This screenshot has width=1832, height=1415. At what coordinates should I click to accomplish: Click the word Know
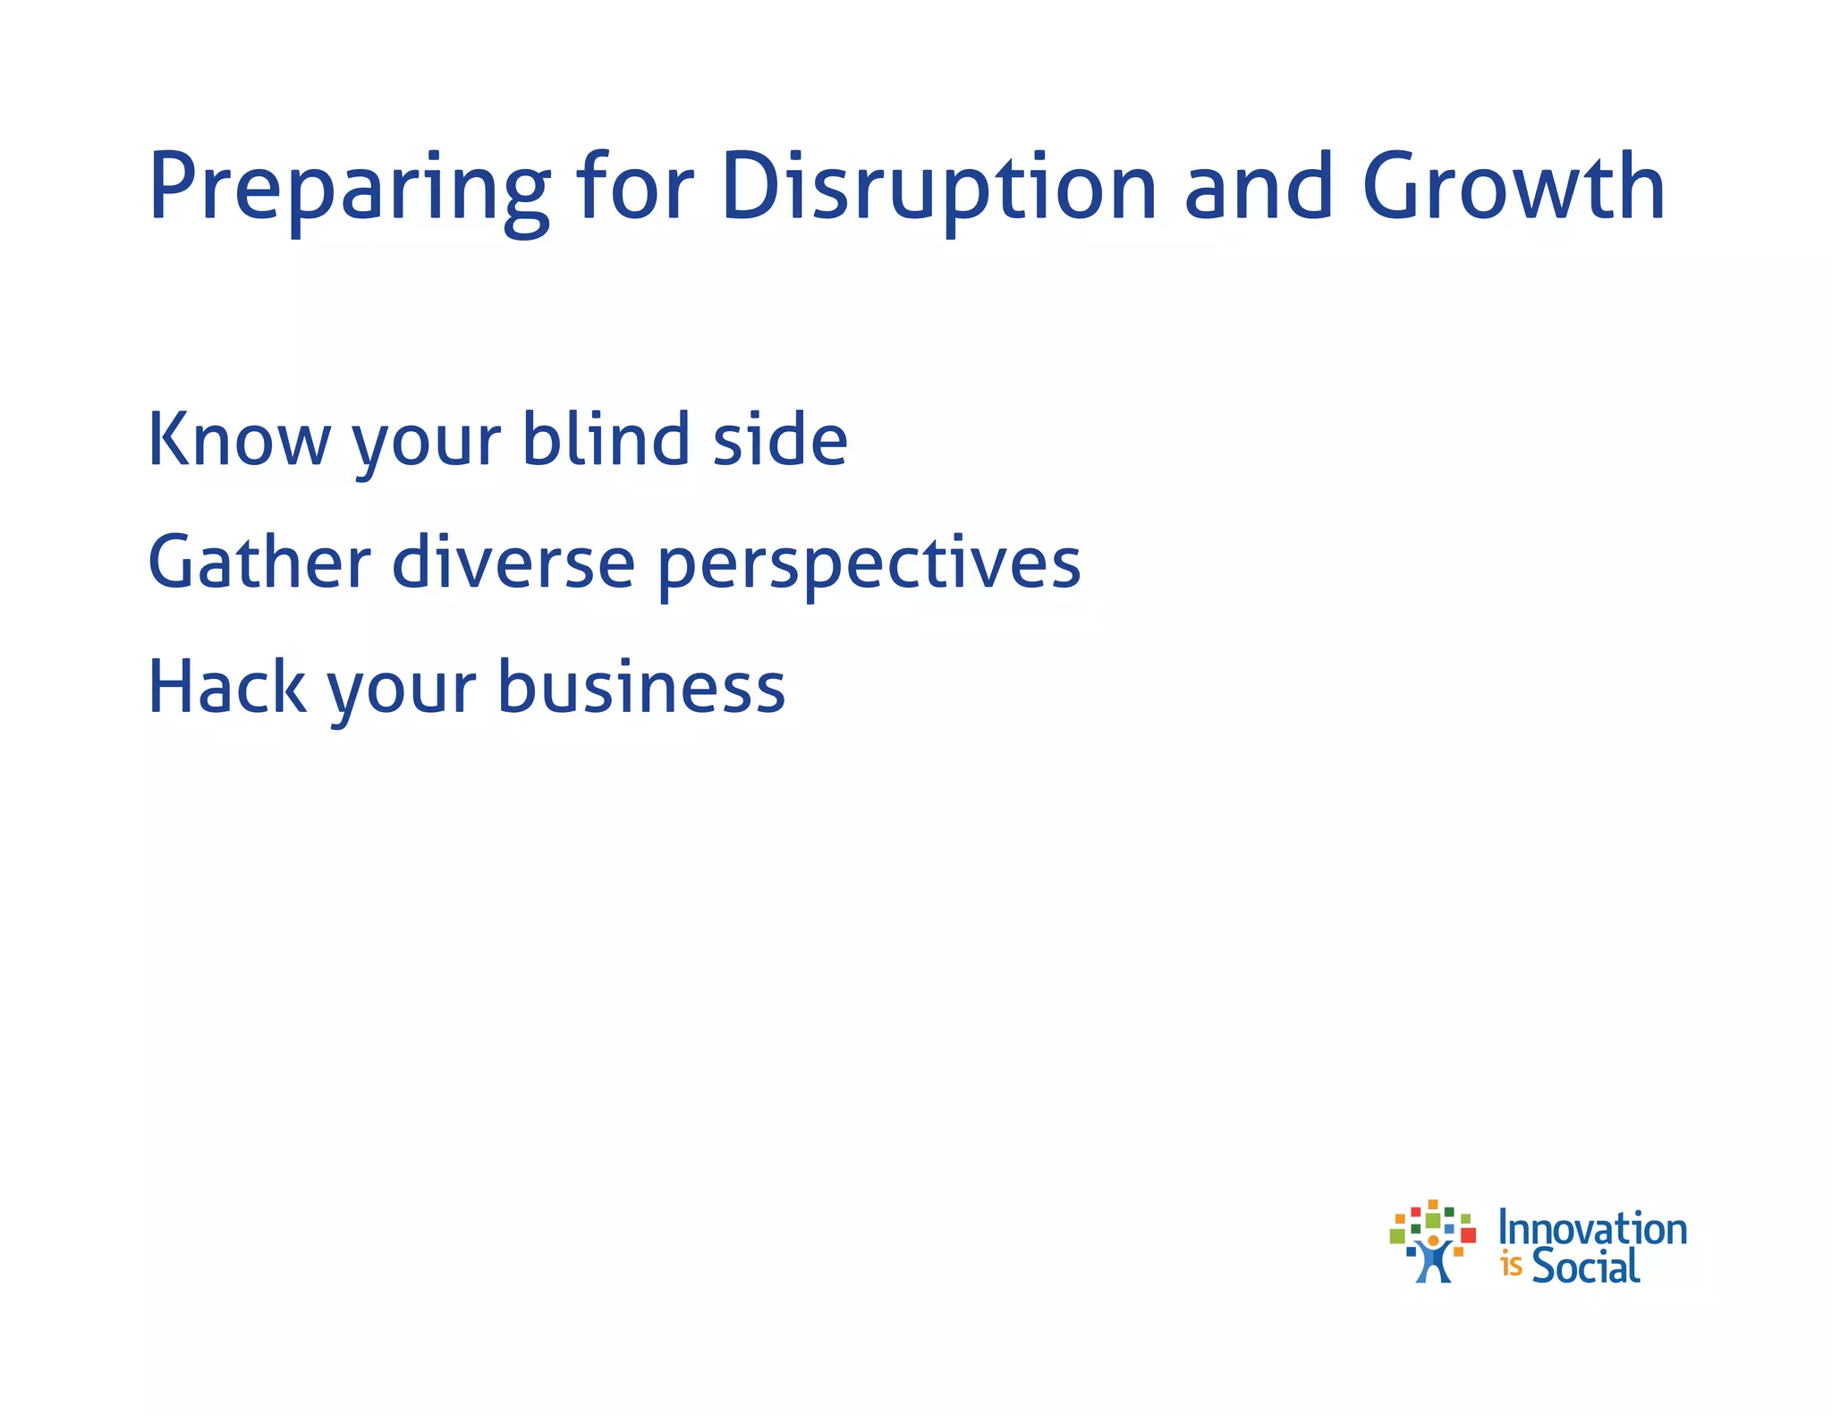point(239,439)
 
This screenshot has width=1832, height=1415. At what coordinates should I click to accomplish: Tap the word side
point(780,439)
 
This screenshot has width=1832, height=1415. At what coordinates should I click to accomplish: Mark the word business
point(640,687)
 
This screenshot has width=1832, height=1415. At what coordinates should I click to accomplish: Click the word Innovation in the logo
point(1592,1229)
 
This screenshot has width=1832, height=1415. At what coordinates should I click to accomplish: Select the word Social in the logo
point(1586,1266)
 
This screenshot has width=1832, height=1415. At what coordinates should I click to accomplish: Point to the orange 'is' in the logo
point(1512,1267)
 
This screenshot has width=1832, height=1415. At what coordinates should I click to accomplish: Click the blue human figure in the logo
point(1433,1261)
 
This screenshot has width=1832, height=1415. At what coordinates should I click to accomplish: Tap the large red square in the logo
point(1468,1235)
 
